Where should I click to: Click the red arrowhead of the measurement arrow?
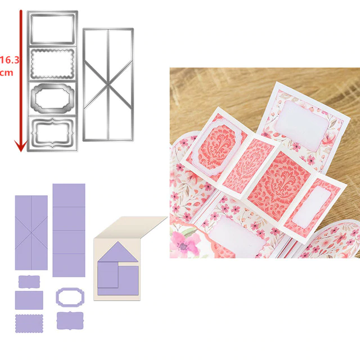click(21, 146)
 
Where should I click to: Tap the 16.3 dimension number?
click(9, 60)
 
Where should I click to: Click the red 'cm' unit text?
click(6, 73)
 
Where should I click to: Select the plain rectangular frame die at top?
click(52, 29)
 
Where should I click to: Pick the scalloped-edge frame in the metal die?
click(52, 64)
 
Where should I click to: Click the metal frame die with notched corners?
click(52, 98)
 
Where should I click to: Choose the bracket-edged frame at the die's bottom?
click(52, 133)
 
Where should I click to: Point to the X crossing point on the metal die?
click(108, 84)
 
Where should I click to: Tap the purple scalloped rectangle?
click(29, 323)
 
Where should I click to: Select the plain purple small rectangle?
click(29, 300)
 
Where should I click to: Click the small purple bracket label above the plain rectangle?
click(29, 282)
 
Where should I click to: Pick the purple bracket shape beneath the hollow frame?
click(70, 321)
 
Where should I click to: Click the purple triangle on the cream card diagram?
click(118, 253)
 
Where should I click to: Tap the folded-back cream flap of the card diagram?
click(131, 227)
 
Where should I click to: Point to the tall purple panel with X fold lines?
click(31, 232)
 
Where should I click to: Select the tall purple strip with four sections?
click(69, 230)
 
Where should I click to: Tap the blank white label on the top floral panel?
click(301, 125)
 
